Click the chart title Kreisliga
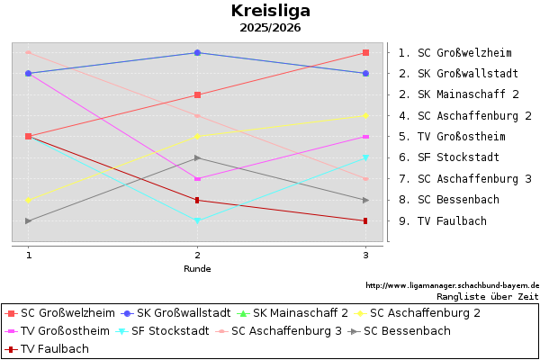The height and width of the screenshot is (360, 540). [x=270, y=11]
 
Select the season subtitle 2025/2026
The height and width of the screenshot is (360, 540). [x=270, y=28]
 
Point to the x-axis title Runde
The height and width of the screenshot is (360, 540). [x=197, y=268]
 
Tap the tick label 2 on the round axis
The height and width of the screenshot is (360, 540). [x=197, y=256]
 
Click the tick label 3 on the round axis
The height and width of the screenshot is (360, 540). [x=365, y=256]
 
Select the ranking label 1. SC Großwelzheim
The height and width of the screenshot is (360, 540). [x=454, y=52]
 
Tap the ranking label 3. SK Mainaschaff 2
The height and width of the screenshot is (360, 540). [x=458, y=94]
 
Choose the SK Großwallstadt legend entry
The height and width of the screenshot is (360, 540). [x=177, y=313]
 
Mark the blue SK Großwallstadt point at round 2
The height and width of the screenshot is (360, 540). [x=197, y=52]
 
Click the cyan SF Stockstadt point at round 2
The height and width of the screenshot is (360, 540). [x=197, y=220]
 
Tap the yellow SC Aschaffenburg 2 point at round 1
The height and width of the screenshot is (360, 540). [x=29, y=200]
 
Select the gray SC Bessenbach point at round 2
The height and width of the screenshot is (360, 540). [x=197, y=157]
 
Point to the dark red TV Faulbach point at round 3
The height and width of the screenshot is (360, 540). [x=365, y=220]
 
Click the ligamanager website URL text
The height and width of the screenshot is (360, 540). [x=452, y=285]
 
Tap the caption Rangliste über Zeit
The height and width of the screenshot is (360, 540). [x=487, y=295]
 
